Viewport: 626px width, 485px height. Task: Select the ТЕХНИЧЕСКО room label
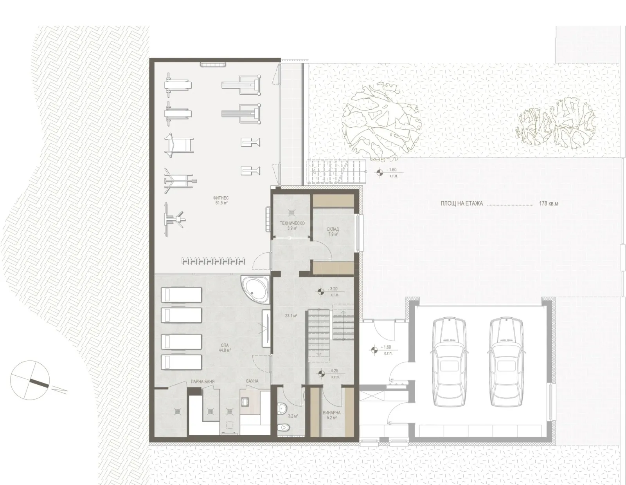click(x=292, y=223)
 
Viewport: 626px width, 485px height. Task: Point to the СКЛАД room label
click(x=333, y=229)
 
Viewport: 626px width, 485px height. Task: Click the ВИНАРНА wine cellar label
click(x=332, y=413)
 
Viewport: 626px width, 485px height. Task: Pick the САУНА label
click(x=252, y=381)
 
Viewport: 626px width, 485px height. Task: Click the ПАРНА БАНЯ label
click(x=202, y=381)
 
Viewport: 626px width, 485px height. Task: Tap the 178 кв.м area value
click(x=548, y=204)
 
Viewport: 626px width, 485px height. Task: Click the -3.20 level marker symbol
click(x=320, y=290)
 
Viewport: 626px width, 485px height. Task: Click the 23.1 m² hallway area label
click(x=290, y=315)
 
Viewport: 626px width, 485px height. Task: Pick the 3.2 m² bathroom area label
click(x=293, y=416)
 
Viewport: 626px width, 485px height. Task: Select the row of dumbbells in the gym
click(x=213, y=261)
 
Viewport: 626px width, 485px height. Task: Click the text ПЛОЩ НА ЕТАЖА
click(x=462, y=204)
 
